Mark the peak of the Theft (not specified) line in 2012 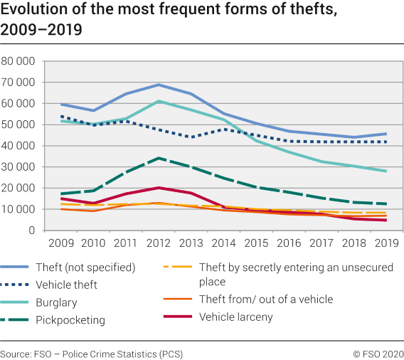159,85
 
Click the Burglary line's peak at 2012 159,101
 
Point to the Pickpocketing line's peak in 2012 159,158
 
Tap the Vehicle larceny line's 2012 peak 159,188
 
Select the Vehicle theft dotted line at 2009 60,116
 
